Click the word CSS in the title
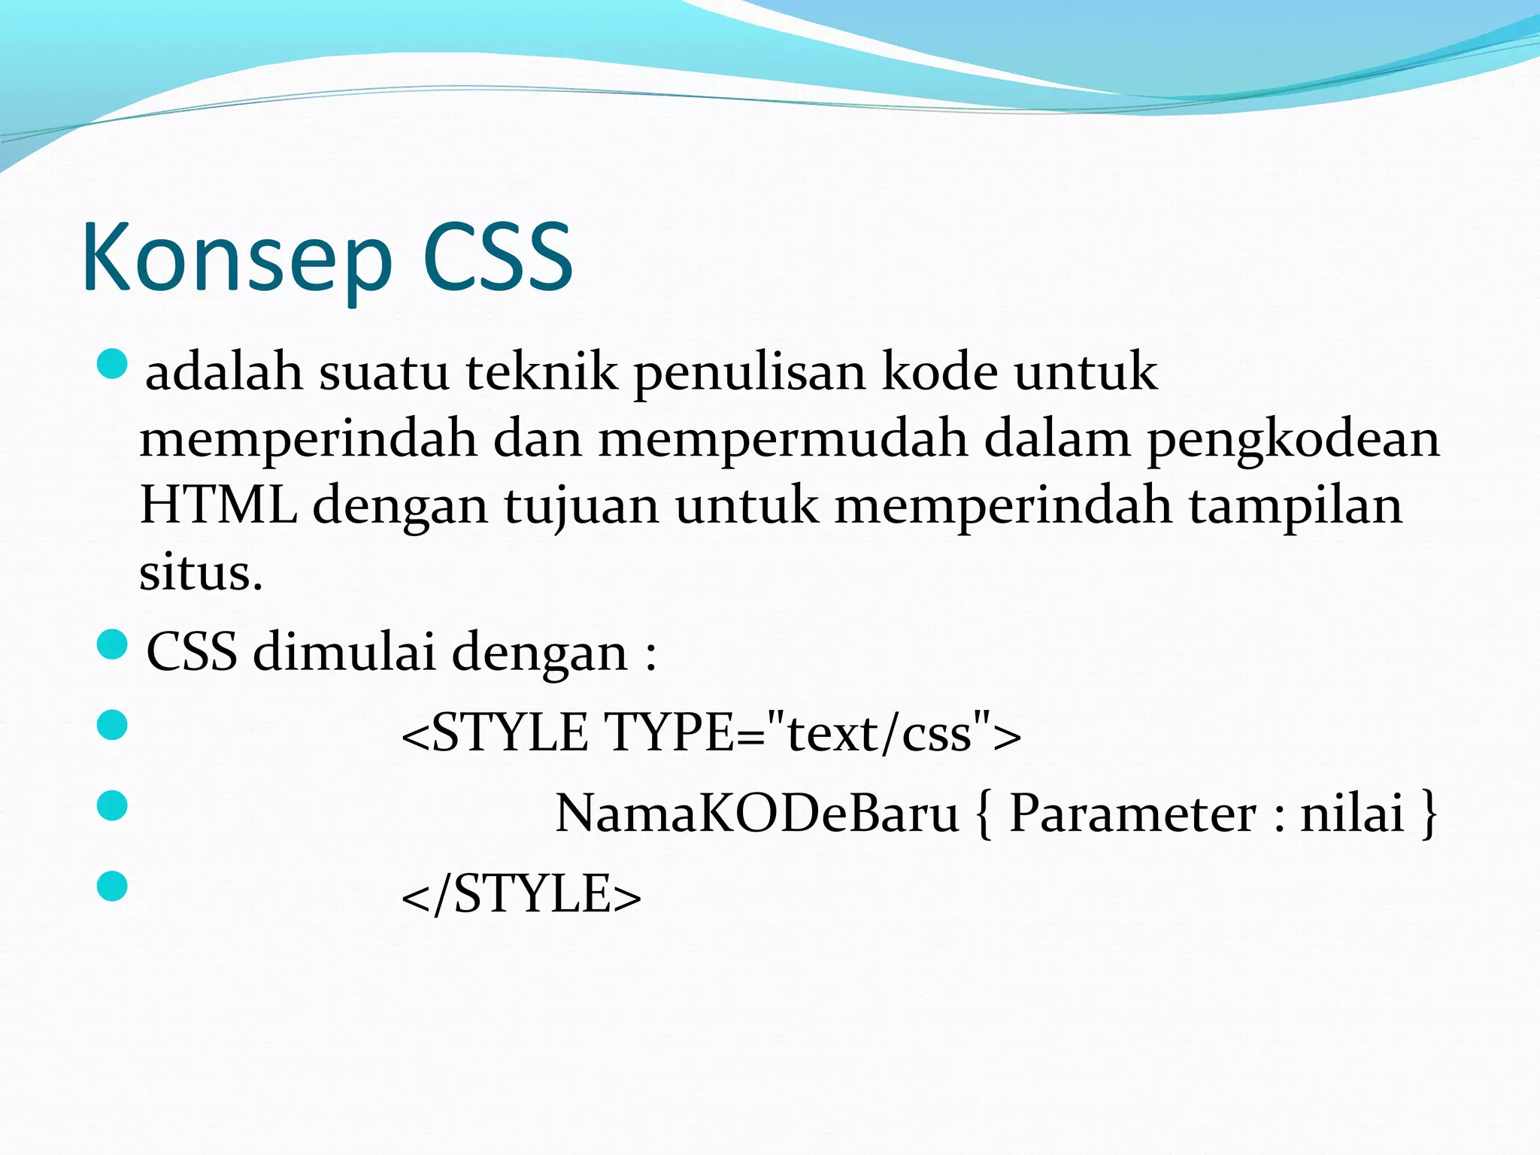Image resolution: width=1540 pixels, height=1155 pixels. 498,257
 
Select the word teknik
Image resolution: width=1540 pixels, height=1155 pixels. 541,372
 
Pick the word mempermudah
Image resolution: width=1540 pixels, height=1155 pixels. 783,438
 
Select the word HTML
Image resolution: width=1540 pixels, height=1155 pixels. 218,505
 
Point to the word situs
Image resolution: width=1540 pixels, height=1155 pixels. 200,572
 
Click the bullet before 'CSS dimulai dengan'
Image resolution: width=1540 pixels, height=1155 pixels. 113,645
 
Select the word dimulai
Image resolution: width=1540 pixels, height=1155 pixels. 344,651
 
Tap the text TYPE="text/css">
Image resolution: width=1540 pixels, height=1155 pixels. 813,732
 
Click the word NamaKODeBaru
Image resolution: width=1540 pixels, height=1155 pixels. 756,814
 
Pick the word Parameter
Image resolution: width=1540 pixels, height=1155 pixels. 1132,814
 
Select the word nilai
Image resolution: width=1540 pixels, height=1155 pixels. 1352,814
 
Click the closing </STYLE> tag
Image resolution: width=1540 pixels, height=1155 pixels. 521,895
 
